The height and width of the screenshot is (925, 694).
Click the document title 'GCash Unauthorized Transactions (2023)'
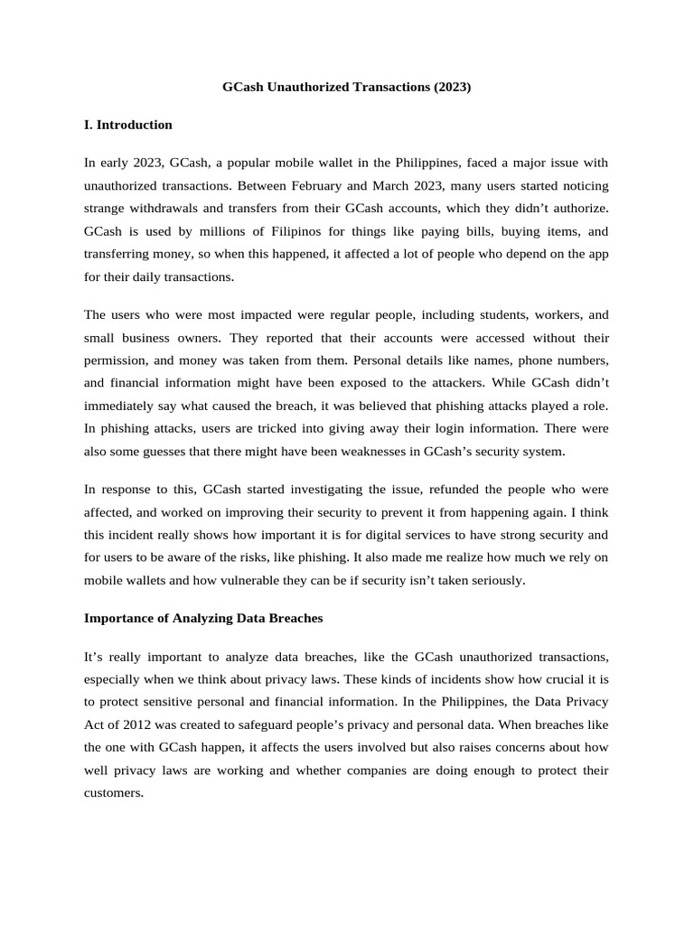click(347, 88)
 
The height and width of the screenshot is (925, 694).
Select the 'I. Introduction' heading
click(127, 125)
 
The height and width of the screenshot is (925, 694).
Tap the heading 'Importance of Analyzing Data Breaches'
click(203, 619)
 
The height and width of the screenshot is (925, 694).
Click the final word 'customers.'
click(114, 792)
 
